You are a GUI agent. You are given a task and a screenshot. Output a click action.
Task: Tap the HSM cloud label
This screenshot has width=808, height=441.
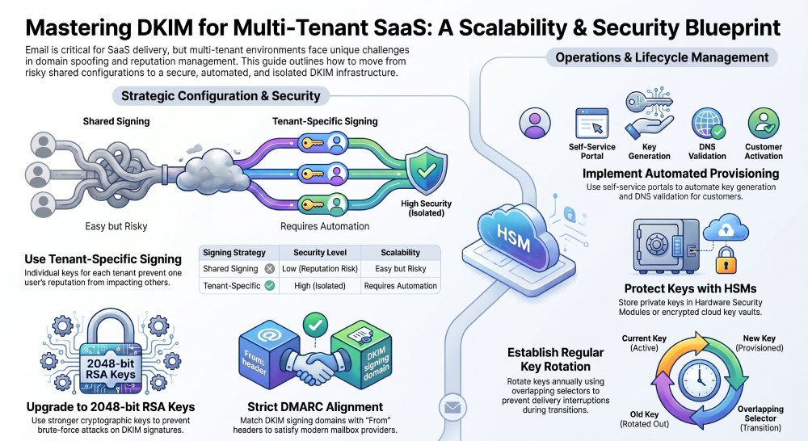tap(514, 237)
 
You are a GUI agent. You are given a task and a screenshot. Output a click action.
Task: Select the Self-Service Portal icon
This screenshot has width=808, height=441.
tap(591, 123)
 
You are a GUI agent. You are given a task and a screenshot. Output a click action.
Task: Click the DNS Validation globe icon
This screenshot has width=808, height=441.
tap(708, 124)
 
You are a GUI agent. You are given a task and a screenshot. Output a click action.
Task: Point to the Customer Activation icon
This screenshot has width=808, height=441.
tap(764, 123)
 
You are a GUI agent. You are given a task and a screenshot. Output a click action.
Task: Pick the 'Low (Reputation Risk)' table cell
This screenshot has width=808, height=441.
tap(319, 268)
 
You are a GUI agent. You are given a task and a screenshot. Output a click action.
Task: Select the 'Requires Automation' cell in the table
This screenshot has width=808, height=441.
tap(401, 285)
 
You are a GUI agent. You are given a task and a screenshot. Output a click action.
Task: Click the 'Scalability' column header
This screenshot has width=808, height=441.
tap(401, 253)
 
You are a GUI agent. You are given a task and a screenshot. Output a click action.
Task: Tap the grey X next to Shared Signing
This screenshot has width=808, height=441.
tap(270, 268)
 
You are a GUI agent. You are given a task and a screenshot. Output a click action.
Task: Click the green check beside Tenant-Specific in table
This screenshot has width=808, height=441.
tap(270, 285)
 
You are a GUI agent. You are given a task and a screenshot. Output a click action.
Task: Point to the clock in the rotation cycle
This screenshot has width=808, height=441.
tap(699, 380)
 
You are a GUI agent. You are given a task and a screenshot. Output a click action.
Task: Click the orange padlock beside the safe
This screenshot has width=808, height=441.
tap(726, 260)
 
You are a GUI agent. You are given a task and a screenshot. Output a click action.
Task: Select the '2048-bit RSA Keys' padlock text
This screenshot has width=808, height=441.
tap(111, 369)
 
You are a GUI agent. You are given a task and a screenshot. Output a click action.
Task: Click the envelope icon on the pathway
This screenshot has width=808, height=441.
tap(452, 408)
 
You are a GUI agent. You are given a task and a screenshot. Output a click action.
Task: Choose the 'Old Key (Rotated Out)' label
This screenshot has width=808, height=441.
tap(644, 419)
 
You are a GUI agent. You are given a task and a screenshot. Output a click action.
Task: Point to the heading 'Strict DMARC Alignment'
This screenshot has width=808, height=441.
tap(315, 407)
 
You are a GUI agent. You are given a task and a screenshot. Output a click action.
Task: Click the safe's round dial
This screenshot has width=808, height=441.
tap(657, 244)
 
